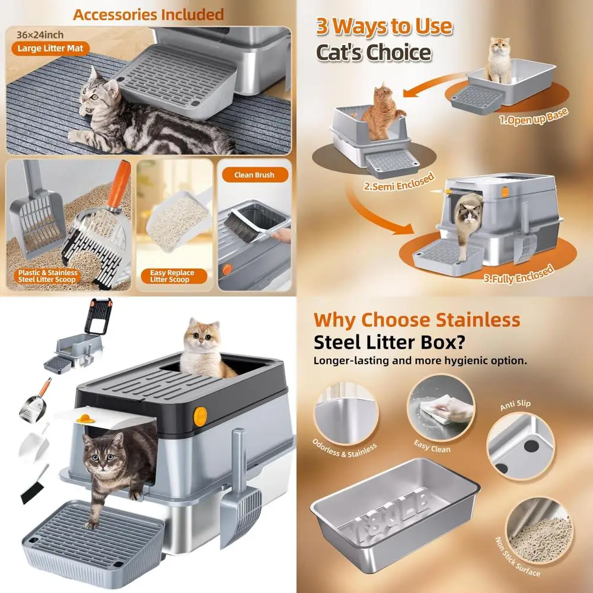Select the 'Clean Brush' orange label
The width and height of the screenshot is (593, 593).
click(254, 175)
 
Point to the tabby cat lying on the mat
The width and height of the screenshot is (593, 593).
click(136, 119)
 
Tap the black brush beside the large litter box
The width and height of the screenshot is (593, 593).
click(35, 486)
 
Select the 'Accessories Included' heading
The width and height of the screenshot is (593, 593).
click(148, 14)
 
